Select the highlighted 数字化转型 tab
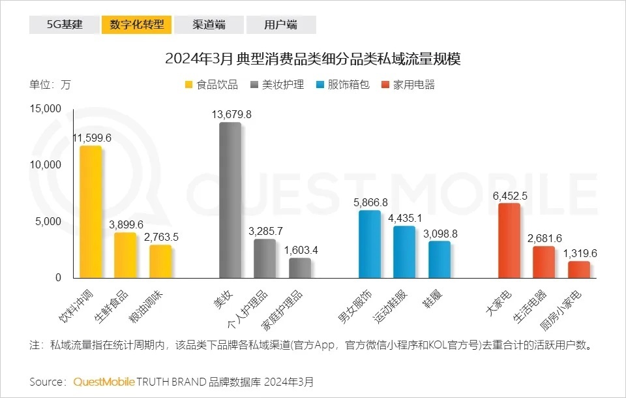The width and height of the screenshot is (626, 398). tap(136, 25)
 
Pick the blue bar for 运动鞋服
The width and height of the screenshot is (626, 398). tap(404, 252)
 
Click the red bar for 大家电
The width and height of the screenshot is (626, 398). tap(509, 241)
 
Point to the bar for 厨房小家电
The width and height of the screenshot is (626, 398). tap(578, 269)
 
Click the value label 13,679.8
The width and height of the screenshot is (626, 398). tap(231, 114)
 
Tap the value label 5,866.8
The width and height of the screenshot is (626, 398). tap(370, 202)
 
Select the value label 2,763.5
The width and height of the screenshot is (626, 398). tap(161, 237)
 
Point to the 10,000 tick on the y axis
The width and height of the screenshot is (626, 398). tap(45, 165)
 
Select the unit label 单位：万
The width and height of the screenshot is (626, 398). tap(50, 85)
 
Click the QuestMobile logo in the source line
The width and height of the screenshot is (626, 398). tap(104, 381)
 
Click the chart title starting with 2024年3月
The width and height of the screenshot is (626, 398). tap(313, 59)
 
